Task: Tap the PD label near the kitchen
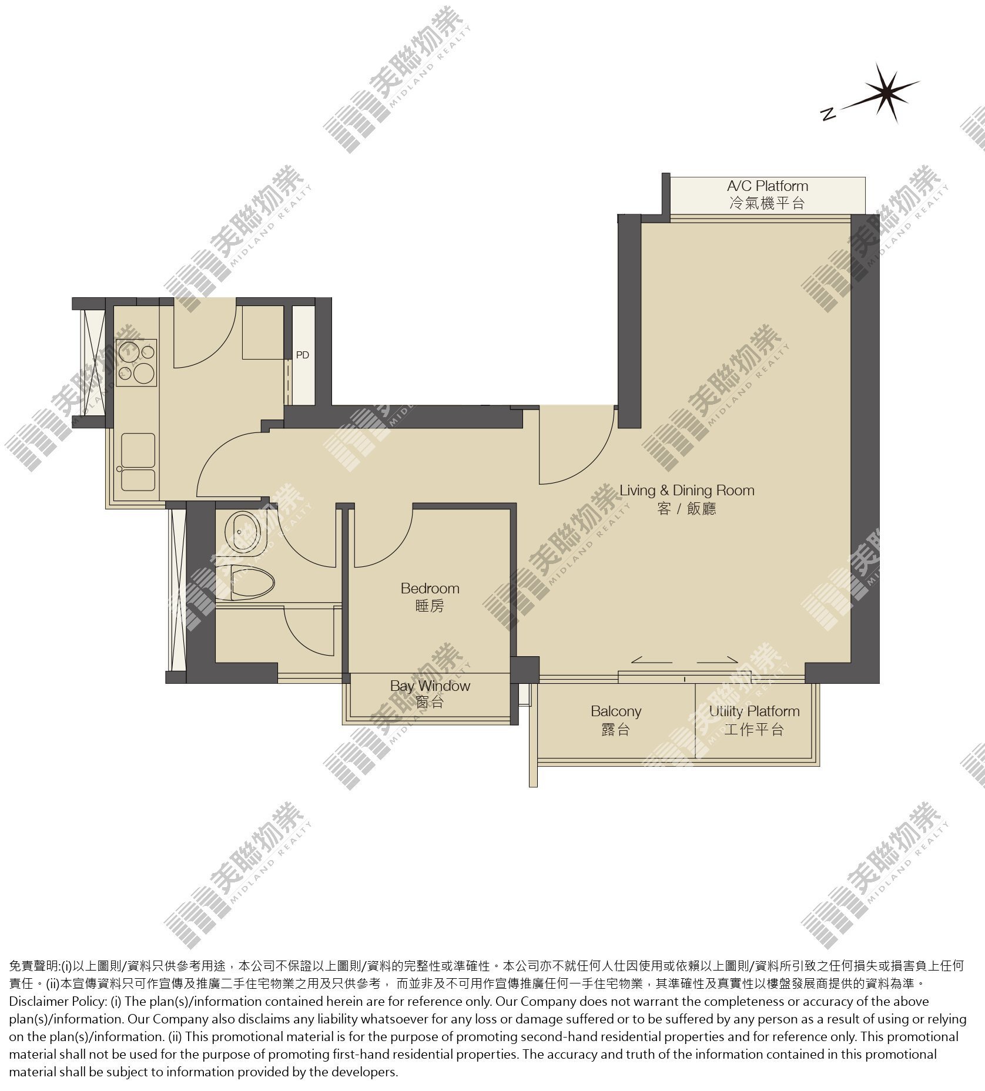[302, 355]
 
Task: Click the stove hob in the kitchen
[137, 362]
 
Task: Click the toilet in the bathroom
[247, 582]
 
